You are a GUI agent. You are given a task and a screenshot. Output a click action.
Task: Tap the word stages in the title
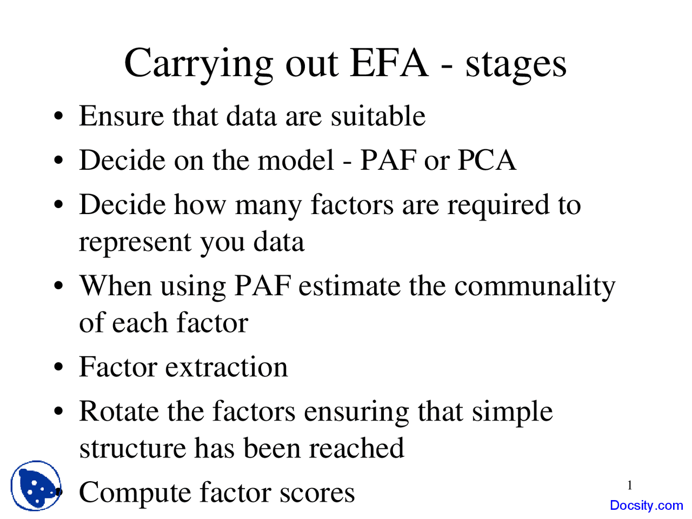click(x=516, y=65)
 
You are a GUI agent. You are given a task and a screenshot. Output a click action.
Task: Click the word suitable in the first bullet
click(x=378, y=116)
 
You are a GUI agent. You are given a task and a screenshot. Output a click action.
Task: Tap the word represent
click(x=135, y=243)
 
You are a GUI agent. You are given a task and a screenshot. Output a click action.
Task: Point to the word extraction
click(x=227, y=367)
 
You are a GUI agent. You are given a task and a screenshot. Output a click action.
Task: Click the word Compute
click(x=135, y=494)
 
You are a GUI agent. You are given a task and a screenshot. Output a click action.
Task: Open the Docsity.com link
click(x=646, y=505)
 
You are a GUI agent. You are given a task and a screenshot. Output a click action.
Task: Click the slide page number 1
click(x=629, y=485)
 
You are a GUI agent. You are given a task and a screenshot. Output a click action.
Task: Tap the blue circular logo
click(x=36, y=485)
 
